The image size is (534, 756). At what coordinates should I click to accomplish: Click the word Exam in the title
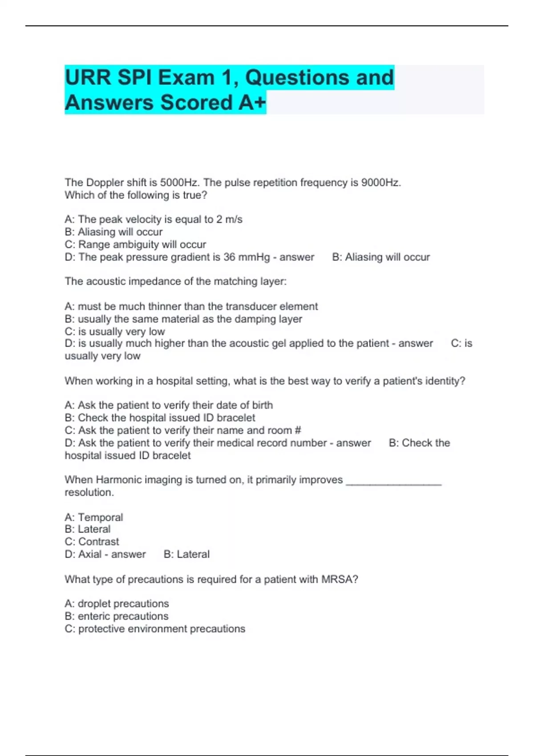pos(186,78)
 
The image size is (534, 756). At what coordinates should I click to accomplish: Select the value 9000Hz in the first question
pos(381,183)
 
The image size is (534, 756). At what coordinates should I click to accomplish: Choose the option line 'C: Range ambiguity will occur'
pos(135,245)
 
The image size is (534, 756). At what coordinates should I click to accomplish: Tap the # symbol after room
pos(298,430)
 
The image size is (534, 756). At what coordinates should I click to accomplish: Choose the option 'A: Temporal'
pos(94,517)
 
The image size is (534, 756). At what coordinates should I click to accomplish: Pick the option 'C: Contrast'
pos(92,542)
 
